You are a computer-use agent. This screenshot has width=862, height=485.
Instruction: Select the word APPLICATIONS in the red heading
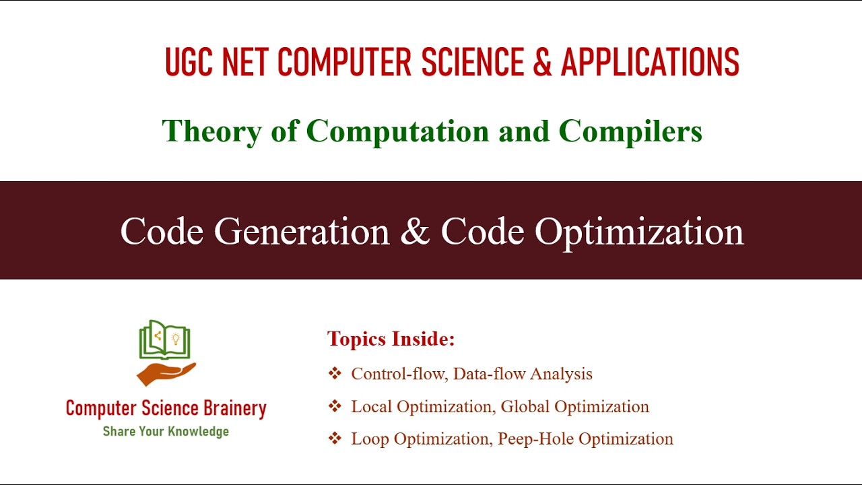[650, 63]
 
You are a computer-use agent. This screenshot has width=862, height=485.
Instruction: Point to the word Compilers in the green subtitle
[630, 131]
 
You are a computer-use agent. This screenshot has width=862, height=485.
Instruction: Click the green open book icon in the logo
[165, 339]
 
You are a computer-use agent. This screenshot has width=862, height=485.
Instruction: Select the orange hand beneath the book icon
[165, 373]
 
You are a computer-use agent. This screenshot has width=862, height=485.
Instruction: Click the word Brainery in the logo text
[235, 409]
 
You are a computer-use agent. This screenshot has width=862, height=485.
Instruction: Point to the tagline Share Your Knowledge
[166, 431]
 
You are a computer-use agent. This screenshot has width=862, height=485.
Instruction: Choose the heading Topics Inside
[391, 339]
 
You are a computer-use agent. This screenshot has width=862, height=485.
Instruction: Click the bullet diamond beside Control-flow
[335, 374]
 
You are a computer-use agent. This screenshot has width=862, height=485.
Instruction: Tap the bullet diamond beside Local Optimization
[335, 407]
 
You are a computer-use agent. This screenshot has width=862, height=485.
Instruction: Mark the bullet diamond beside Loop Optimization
[335, 439]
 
